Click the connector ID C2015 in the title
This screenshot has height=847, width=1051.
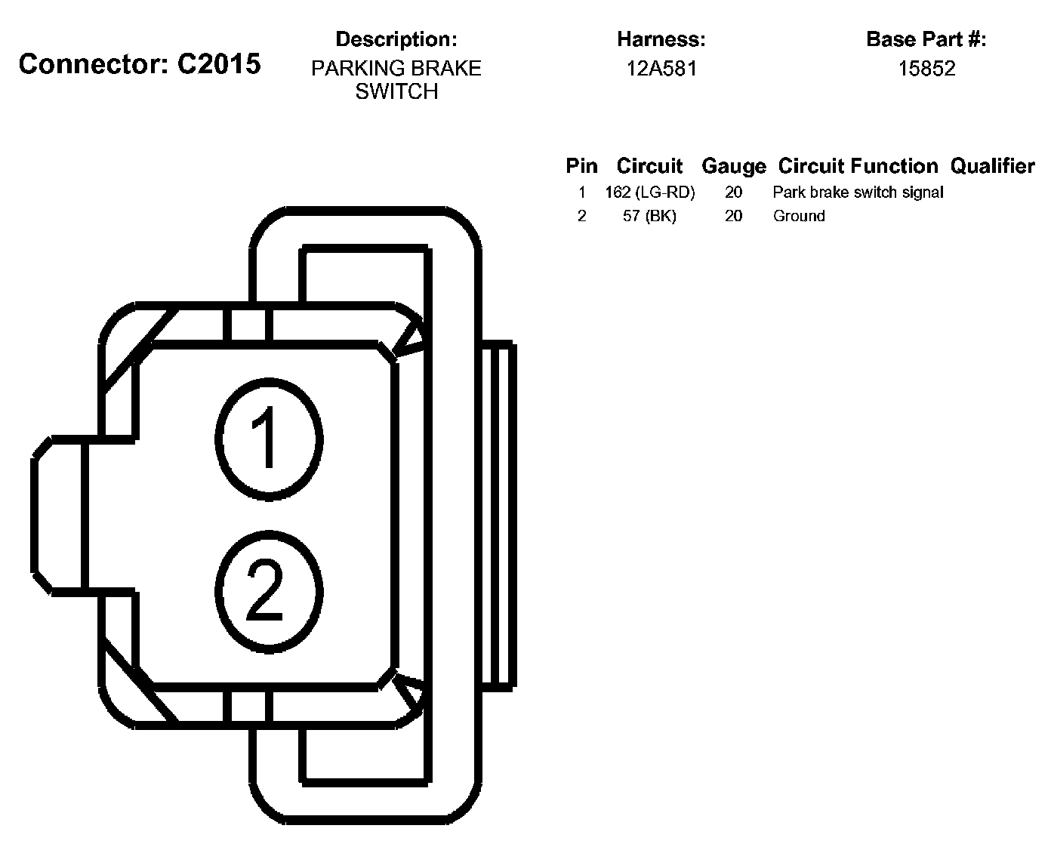click(x=219, y=64)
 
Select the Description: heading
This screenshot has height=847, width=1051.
click(x=396, y=39)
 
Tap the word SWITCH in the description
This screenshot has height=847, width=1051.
click(x=396, y=91)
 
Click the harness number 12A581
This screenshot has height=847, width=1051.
click(x=661, y=69)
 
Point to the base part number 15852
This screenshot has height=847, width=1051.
click(x=926, y=69)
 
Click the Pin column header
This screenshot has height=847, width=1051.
click(x=581, y=166)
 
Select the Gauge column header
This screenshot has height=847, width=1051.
click(x=733, y=166)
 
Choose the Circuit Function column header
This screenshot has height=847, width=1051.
click(x=858, y=166)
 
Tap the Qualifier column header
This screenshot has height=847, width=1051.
click(x=992, y=166)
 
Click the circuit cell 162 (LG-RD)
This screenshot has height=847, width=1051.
click(x=649, y=192)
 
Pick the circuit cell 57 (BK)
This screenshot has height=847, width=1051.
click(x=649, y=216)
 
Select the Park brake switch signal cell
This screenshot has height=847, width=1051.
click(x=858, y=192)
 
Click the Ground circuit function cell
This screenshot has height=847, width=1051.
click(x=799, y=216)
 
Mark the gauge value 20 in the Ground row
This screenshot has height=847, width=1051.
click(x=733, y=216)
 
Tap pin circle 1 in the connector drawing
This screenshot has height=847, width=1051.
click(x=269, y=439)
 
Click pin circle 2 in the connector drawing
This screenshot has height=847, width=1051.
click(x=269, y=591)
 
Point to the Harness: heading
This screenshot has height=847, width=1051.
click(x=661, y=39)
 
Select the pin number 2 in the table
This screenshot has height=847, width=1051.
click(x=581, y=216)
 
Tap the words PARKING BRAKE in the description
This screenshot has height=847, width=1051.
click(x=396, y=69)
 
